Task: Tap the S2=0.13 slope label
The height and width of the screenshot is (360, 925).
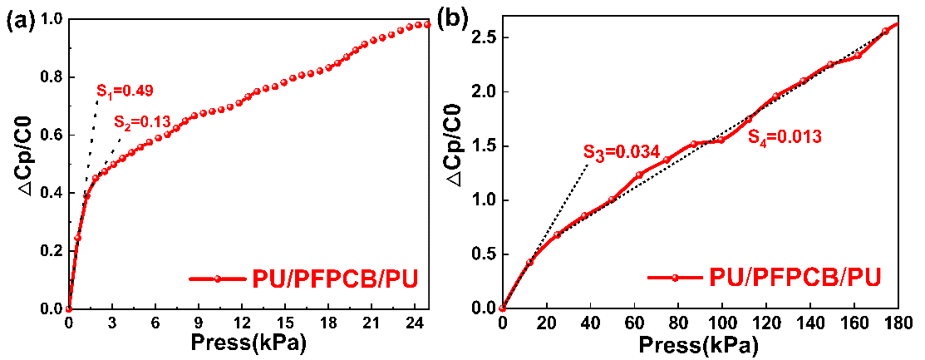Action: (x=142, y=121)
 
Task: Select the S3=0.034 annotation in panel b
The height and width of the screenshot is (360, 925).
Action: (x=621, y=151)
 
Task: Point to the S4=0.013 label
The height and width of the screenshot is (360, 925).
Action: (x=785, y=137)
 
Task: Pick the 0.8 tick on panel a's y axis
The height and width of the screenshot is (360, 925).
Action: (x=50, y=77)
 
